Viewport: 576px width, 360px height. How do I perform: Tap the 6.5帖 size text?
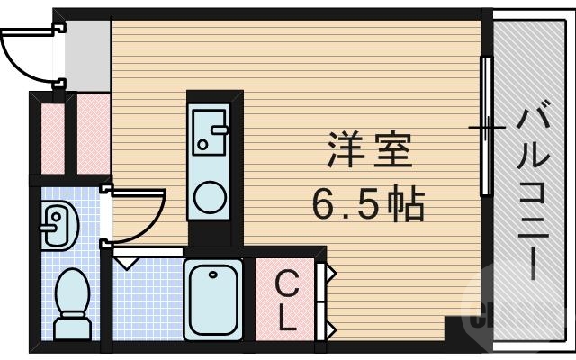pos(368,206)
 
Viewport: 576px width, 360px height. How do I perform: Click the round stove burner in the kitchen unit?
pos(211,197)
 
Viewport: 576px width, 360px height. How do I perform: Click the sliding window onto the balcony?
pos(486,127)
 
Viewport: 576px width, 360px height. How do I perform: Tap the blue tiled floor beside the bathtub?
pos(147,297)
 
